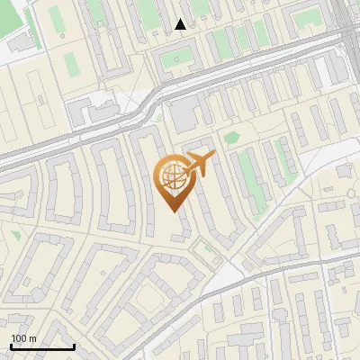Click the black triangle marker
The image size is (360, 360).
tap(181, 24)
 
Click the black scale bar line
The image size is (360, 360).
tap(42, 347)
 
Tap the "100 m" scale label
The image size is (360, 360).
tap(23, 338)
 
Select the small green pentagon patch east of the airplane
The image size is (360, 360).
tap(231, 138)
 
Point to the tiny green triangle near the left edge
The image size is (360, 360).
tap(16, 235)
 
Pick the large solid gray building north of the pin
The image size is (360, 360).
tap(184, 115)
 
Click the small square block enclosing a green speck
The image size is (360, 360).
tap(176, 59)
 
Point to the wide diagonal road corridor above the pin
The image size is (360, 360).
tap(135, 117)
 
